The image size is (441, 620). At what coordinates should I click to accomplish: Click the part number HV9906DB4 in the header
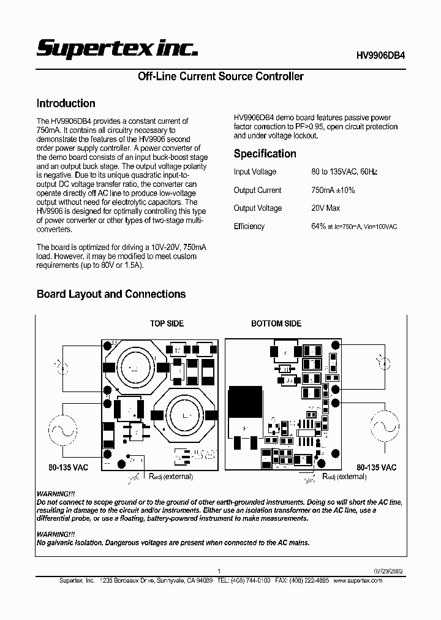pyautogui.click(x=380, y=55)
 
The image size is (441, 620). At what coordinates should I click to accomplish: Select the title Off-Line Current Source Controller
pyautogui.click(x=221, y=77)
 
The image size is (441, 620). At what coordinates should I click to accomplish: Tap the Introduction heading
pyautogui.click(x=66, y=104)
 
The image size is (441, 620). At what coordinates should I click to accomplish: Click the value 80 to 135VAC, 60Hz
pyautogui.click(x=344, y=172)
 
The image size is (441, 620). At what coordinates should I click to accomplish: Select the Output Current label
pyautogui.click(x=257, y=191)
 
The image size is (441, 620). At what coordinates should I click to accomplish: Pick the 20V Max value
pyautogui.click(x=325, y=208)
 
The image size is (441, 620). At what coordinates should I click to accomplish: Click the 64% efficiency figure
pyautogui.click(x=318, y=226)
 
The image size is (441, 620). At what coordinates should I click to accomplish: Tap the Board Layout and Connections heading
pyautogui.click(x=111, y=294)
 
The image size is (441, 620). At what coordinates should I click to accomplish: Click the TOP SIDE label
pyautogui.click(x=167, y=323)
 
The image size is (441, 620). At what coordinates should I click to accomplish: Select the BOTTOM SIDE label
pyautogui.click(x=276, y=323)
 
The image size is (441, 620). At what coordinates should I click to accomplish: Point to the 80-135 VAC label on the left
pyautogui.click(x=68, y=467)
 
